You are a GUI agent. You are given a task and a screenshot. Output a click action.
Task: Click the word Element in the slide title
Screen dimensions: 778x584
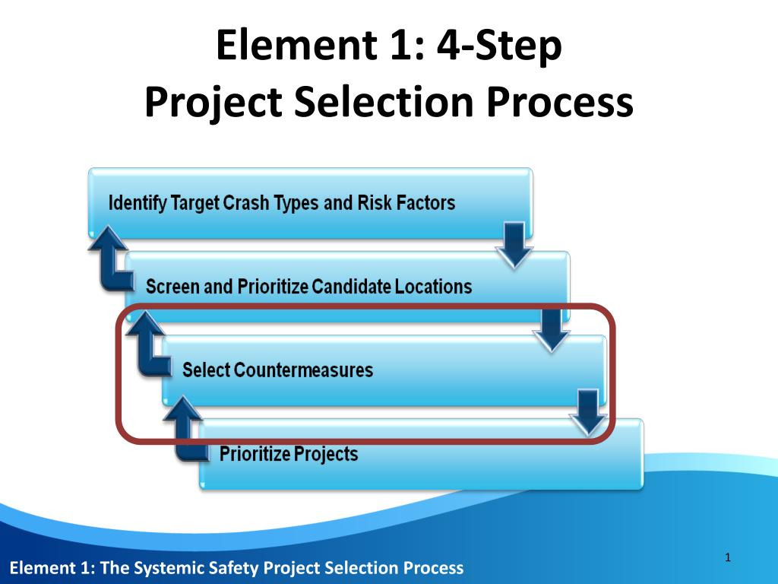point(297,45)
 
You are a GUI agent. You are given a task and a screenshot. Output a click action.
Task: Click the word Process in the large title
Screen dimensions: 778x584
point(560,102)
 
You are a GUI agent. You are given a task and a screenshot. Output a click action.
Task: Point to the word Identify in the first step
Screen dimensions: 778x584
point(138,203)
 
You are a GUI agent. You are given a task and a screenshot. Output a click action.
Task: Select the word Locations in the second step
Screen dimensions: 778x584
point(433,287)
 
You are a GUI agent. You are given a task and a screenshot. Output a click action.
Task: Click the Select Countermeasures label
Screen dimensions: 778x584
point(277,370)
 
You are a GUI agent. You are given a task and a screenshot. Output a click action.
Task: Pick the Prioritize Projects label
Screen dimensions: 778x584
point(289,454)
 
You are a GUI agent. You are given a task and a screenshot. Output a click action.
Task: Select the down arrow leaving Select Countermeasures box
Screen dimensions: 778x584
point(589,413)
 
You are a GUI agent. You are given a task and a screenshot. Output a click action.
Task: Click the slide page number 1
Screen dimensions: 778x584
point(728,557)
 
